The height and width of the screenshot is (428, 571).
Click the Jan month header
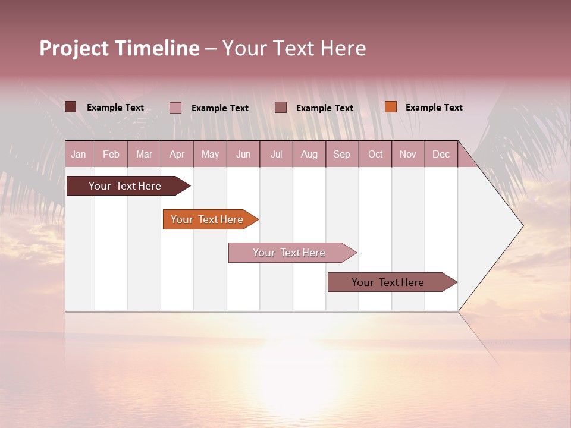pyautogui.click(x=79, y=154)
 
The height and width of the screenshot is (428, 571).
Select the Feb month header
pyautogui.click(x=111, y=154)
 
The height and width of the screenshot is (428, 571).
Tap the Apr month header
pyautogui.click(x=177, y=154)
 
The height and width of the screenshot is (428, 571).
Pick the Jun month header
pyautogui.click(x=243, y=154)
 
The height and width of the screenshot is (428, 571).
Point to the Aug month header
pyautogui.click(x=309, y=154)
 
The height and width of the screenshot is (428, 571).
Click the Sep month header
pyautogui.click(x=341, y=154)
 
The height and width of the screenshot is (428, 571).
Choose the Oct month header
pyautogui.click(x=375, y=154)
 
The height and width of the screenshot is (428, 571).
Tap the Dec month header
pyautogui.click(x=441, y=154)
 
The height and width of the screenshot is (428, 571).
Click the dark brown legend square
pyautogui.click(x=70, y=107)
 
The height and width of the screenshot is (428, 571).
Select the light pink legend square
pyautogui.click(x=175, y=108)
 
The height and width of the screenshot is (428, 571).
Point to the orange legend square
pyautogui.click(x=390, y=107)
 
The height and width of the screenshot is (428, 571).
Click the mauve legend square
pyautogui.click(x=281, y=107)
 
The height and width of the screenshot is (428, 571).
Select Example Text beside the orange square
pyautogui.click(x=434, y=108)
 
